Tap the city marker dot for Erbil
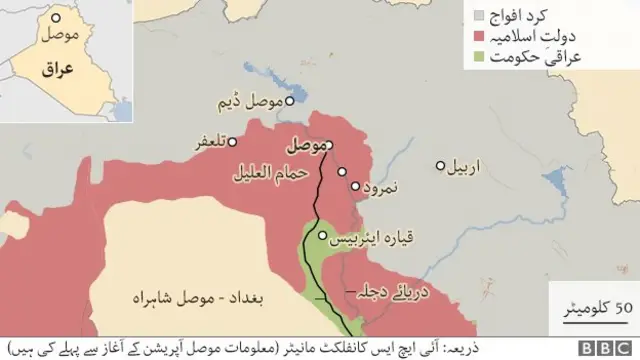[x=441, y=166]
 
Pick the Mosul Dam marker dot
[x=290, y=101]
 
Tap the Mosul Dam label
[x=256, y=102]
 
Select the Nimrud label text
[x=384, y=186]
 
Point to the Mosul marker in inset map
[x=57, y=19]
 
